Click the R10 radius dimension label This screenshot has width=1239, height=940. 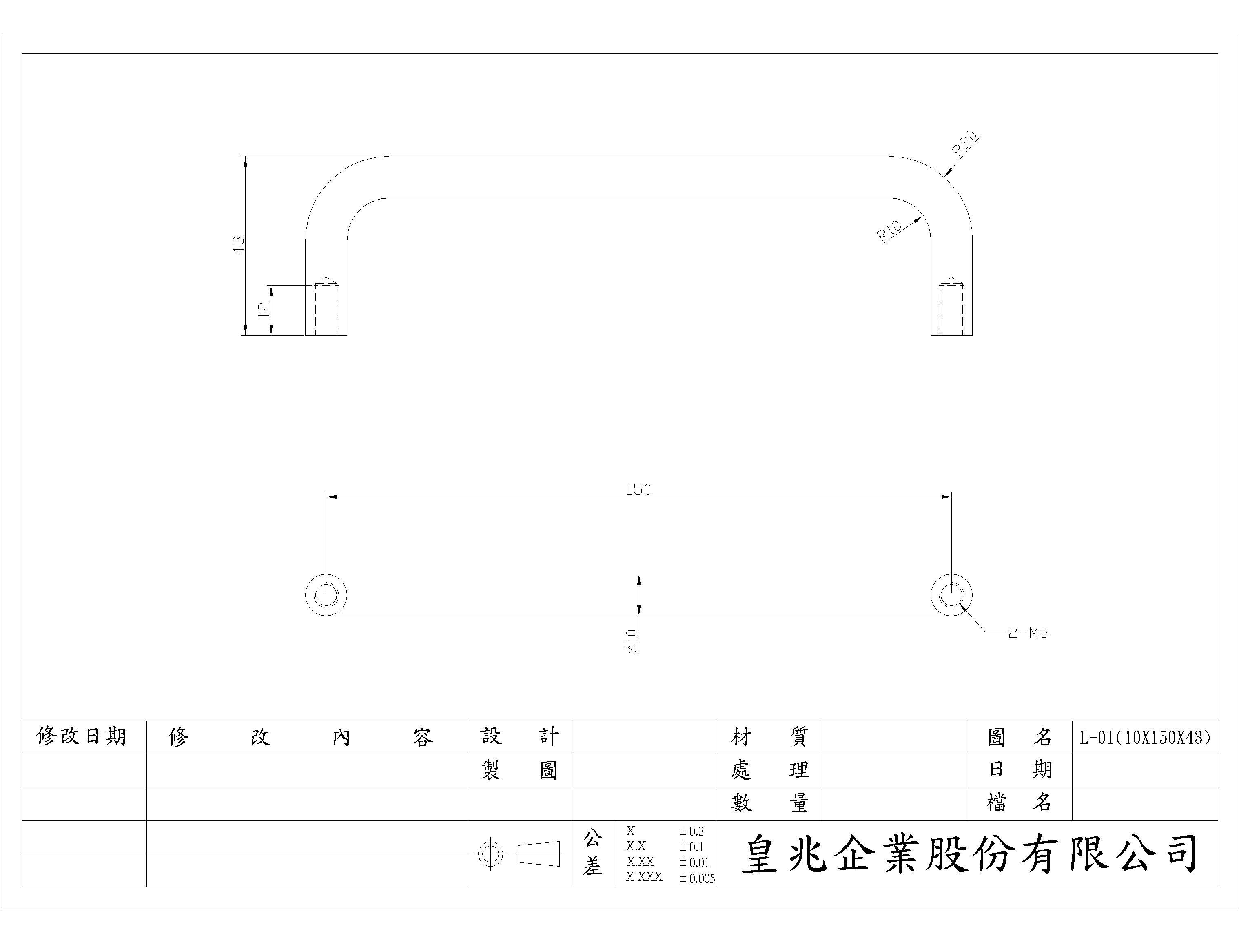[x=889, y=231]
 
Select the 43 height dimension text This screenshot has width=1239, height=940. [x=239, y=245]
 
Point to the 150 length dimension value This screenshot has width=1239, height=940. [x=638, y=490]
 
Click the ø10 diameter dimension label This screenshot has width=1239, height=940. [x=632, y=641]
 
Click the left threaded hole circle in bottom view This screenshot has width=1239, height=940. [x=326, y=595]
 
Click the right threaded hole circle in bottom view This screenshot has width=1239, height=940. [x=951, y=595]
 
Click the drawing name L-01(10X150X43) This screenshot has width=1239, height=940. [x=1145, y=737]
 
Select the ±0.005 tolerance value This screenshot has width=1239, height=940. [x=697, y=878]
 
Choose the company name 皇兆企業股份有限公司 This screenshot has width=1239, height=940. [x=969, y=854]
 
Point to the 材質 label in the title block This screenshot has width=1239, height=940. [x=769, y=737]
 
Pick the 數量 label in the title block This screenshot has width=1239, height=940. [x=769, y=803]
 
